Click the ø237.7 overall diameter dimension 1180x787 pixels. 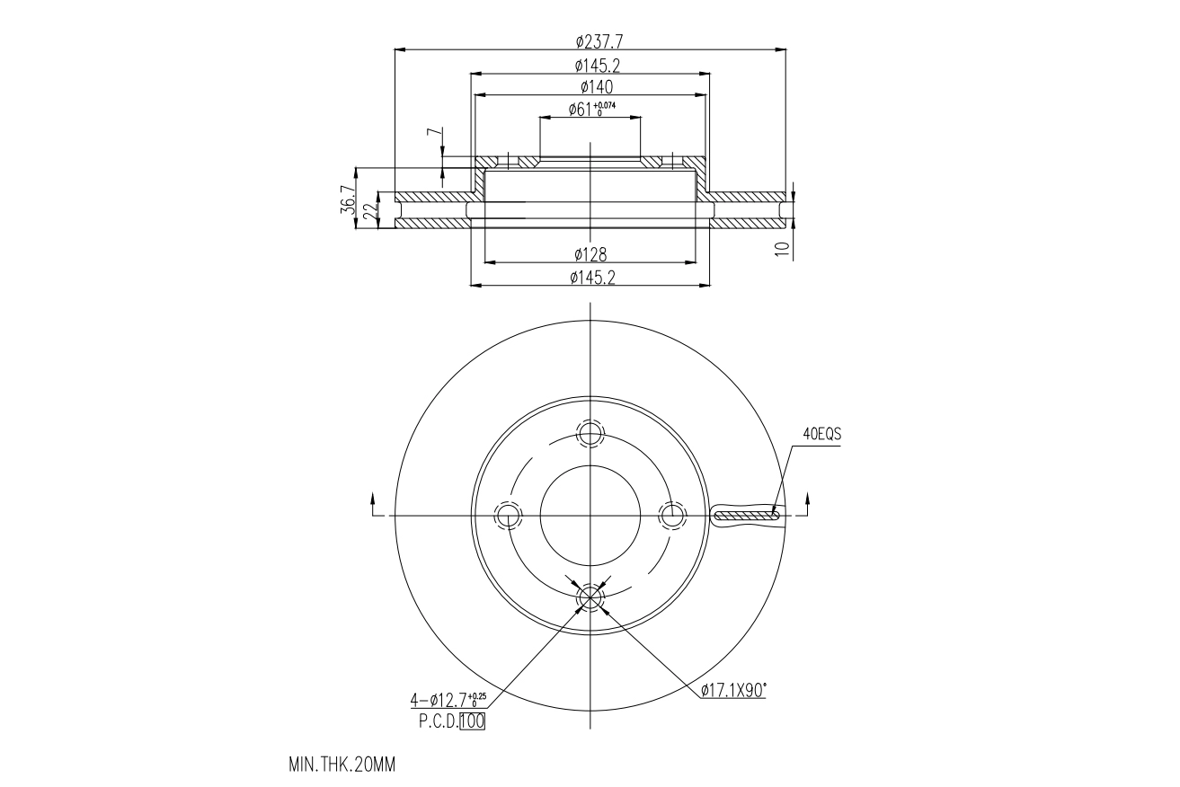590,41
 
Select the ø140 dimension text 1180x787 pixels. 590,86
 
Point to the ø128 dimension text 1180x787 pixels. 590,255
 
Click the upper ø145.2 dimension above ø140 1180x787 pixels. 590,65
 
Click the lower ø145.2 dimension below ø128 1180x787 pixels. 590,279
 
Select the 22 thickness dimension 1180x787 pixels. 368,211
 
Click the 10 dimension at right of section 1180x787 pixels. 784,250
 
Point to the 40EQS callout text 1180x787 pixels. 821,434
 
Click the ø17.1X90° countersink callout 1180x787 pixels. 733,690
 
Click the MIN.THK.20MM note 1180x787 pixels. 342,765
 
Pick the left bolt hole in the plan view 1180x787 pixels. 508,516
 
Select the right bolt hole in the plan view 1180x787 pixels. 671,516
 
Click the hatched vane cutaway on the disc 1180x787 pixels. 746,516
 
